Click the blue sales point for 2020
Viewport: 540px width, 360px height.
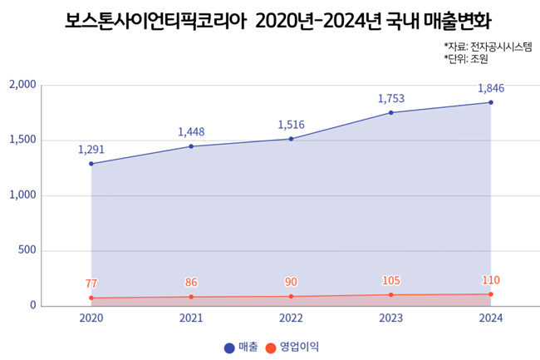pos(91,164)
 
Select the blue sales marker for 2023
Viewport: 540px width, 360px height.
pos(391,112)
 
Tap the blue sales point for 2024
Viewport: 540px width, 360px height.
pos(491,102)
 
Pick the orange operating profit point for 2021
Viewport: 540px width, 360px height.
pos(191,297)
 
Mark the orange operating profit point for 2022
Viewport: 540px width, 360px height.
pos(291,296)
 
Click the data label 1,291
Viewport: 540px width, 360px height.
pos(91,150)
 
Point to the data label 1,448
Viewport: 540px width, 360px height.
pos(191,131)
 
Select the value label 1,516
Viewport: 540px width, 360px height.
pos(291,125)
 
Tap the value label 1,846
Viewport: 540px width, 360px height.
pos(491,88)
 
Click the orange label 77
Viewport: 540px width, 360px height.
pos(91,284)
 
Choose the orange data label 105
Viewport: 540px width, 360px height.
pos(391,280)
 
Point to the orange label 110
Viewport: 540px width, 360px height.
pos(491,280)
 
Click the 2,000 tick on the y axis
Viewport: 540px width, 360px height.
pos(22,85)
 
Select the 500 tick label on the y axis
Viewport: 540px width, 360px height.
pos(27,250)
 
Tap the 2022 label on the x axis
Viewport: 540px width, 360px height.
pos(291,318)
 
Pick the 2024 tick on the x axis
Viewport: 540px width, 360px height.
pos(491,318)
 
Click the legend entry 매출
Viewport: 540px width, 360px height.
pos(241,346)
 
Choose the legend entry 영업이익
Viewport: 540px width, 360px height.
pos(292,346)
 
